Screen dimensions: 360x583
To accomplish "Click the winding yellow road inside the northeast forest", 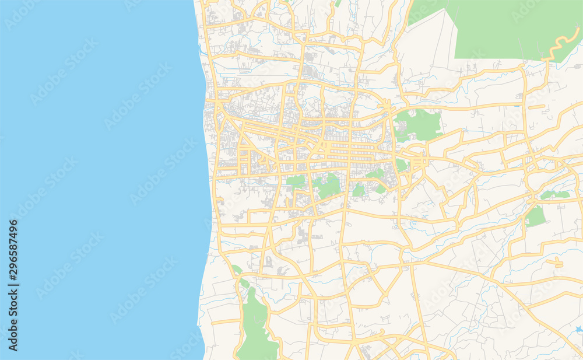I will (x=557, y=46).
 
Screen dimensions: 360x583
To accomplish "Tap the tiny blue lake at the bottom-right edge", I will (x=578, y=330).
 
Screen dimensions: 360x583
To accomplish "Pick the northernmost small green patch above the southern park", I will (x=236, y=270).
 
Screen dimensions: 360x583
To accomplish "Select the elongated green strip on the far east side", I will (x=554, y=195).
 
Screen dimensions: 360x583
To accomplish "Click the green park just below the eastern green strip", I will (x=535, y=216).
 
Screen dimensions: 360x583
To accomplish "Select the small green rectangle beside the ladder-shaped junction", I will (x=402, y=165).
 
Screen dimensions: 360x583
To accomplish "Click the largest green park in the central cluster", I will (x=329, y=186).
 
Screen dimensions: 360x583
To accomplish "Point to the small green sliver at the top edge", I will (x=338, y=3).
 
